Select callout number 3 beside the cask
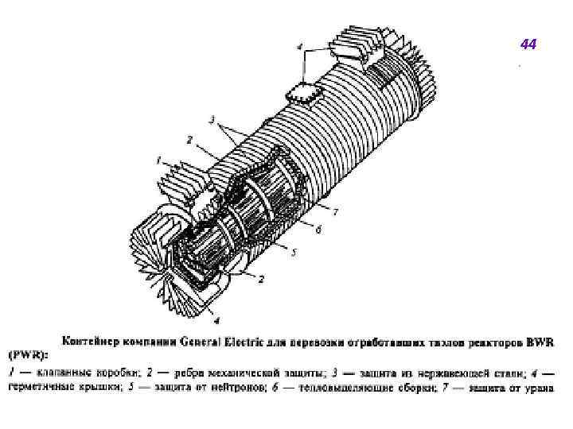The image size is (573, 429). click(212, 121)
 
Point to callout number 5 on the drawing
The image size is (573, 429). click(294, 253)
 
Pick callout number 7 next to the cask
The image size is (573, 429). click(336, 211)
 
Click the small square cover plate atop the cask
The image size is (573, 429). click(303, 91)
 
